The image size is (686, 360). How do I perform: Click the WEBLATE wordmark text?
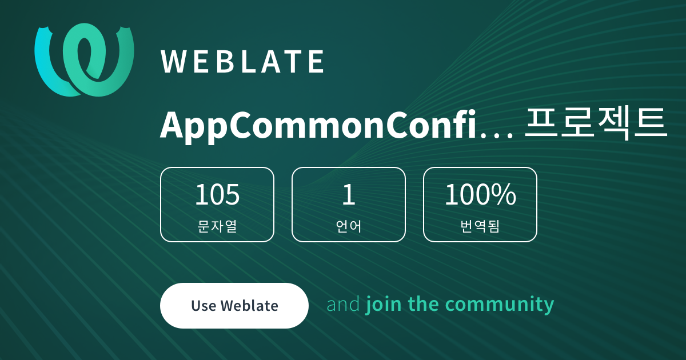click(x=242, y=62)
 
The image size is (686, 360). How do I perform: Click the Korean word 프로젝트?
click(x=595, y=123)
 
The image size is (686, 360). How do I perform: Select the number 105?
click(x=217, y=194)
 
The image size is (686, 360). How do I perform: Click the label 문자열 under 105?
click(x=217, y=226)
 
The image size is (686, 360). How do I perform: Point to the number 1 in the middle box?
click(x=349, y=194)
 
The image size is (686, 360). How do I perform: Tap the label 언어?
click(x=349, y=226)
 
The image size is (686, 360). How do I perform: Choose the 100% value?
click(x=480, y=194)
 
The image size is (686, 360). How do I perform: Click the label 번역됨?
click(x=480, y=226)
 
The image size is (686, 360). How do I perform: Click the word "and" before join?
click(x=343, y=304)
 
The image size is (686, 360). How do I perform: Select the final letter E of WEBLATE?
click(x=316, y=62)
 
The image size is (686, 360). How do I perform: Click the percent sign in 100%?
click(x=505, y=194)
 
